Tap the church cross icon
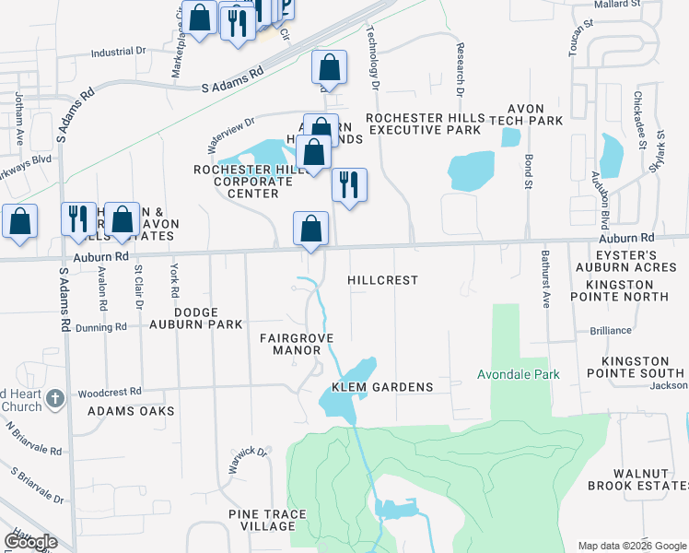point(55,398)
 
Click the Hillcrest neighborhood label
point(383,279)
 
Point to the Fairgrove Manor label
point(295,345)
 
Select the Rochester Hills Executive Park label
point(424,124)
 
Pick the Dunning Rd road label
point(101,327)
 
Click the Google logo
point(30,542)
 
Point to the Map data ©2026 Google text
point(631,546)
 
